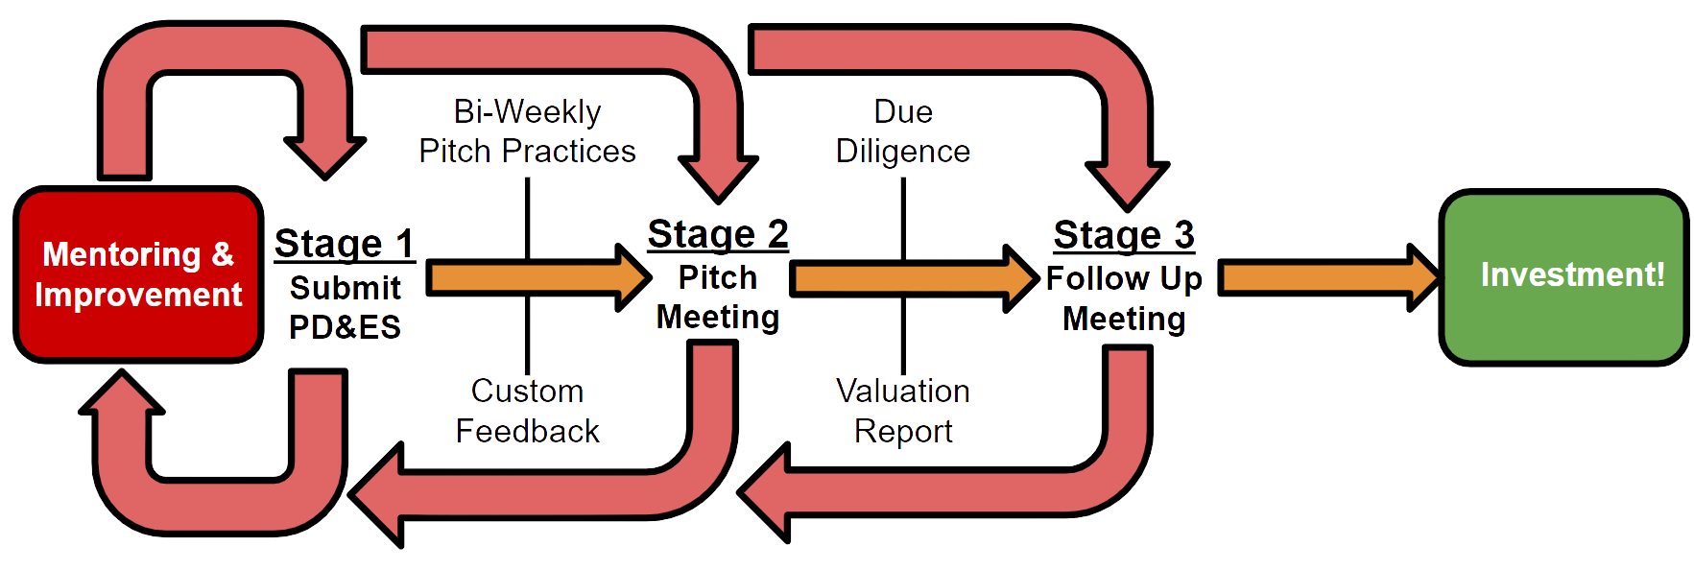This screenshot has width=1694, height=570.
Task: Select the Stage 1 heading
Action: (x=345, y=243)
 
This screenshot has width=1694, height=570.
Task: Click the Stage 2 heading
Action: (x=718, y=234)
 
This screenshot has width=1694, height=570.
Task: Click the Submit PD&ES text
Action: (x=345, y=307)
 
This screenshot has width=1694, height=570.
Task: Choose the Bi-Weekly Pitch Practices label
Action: (x=528, y=131)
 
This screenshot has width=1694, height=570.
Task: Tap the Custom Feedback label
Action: (x=528, y=411)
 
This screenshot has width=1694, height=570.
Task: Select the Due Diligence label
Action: (x=903, y=131)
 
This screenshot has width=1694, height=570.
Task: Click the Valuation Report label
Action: (x=903, y=411)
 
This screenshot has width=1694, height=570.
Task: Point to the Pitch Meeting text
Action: (x=718, y=297)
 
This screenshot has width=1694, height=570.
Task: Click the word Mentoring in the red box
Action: (x=122, y=254)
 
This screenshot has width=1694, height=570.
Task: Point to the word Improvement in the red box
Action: (x=138, y=295)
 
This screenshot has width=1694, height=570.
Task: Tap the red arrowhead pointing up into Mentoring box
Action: (x=122, y=393)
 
